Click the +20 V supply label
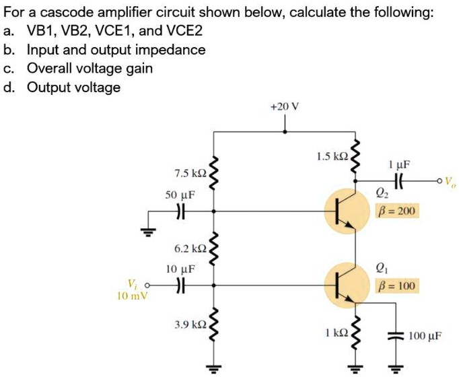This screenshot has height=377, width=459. click(284, 106)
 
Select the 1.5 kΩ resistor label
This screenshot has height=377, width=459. click(331, 156)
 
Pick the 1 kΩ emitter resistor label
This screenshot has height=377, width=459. click(335, 332)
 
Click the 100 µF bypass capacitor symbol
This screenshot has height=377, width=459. click(395, 335)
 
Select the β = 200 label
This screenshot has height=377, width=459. click(397, 211)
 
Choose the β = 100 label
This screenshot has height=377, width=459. click(397, 286)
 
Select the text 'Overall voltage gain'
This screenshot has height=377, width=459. click(90, 68)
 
